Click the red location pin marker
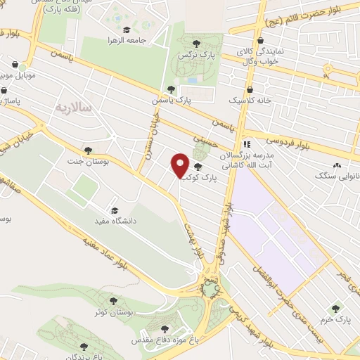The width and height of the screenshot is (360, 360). pyautogui.click(x=180, y=165)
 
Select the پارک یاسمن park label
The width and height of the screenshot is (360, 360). pyautogui.click(x=173, y=101)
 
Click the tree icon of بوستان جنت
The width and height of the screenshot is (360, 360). pyautogui.click(x=87, y=150)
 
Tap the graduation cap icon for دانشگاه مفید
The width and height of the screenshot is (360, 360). pyautogui.click(x=114, y=210)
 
